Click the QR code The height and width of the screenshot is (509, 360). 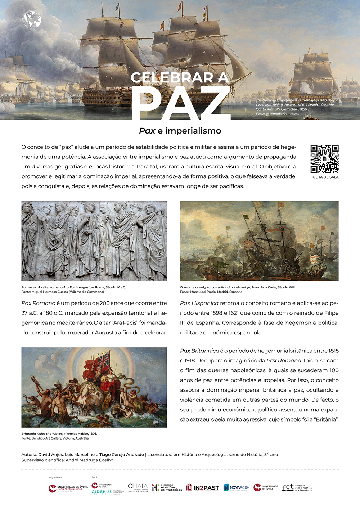(324, 159)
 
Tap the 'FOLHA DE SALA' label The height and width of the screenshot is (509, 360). (324, 177)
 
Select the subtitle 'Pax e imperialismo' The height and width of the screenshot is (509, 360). (180, 131)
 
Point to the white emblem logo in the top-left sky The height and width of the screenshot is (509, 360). (32, 20)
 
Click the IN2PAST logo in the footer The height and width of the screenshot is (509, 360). (203, 488)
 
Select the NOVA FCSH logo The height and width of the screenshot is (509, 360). (237, 488)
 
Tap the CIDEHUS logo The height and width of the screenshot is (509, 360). (102, 492)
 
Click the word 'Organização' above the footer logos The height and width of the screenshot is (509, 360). (56, 477)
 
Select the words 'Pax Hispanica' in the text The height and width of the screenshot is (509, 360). (199, 303)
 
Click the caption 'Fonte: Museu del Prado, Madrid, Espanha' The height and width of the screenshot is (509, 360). (211, 292)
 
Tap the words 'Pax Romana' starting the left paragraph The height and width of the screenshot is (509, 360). (38, 303)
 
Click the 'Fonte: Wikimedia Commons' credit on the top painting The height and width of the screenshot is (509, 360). (278, 114)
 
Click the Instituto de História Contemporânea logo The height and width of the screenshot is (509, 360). (167, 488)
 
